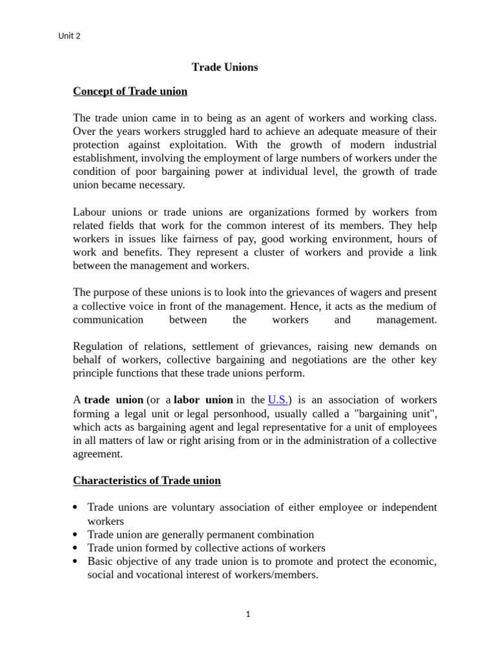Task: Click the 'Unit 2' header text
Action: point(69,36)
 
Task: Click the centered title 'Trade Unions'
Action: point(225,67)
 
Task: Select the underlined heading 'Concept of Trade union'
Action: point(130,91)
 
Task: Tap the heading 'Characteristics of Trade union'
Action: point(147,480)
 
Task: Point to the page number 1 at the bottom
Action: point(248,614)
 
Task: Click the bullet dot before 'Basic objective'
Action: point(76,562)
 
